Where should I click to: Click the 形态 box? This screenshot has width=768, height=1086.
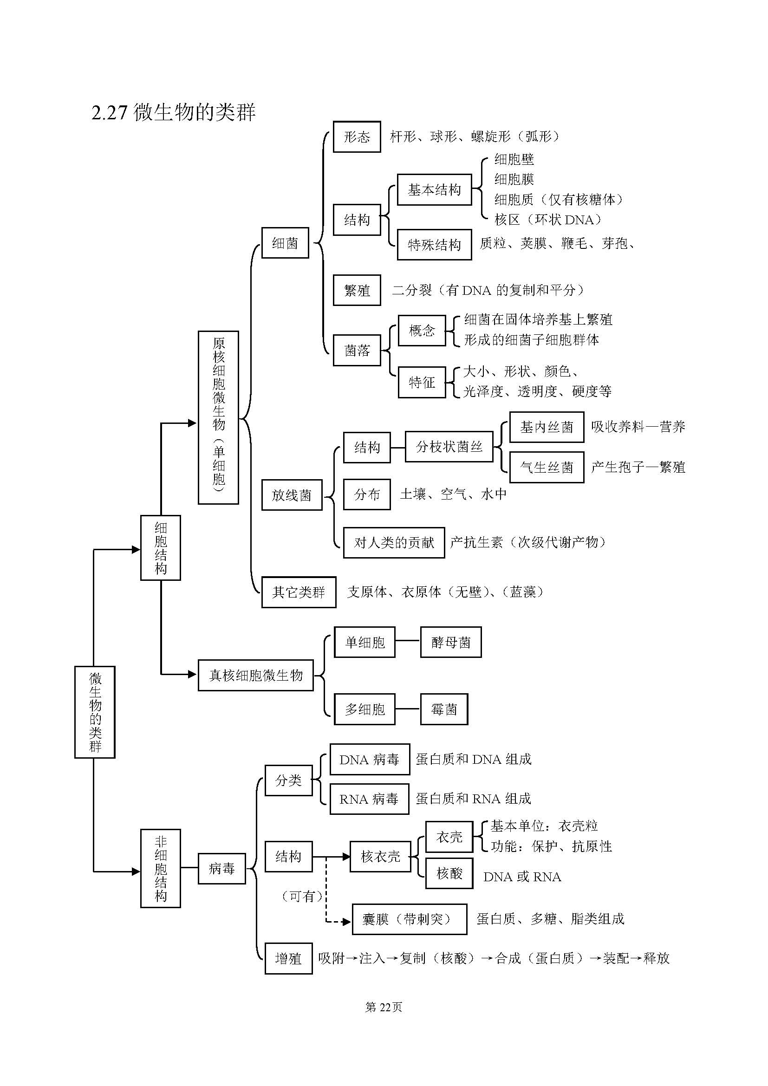(x=357, y=137)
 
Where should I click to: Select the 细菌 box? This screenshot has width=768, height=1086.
(x=285, y=243)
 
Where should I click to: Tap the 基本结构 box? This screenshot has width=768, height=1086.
(x=434, y=190)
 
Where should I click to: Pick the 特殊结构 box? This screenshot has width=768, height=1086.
(x=434, y=245)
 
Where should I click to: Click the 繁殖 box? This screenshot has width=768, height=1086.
(x=357, y=290)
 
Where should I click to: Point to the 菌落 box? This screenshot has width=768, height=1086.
(x=357, y=350)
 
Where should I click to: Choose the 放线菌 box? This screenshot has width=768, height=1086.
(x=291, y=495)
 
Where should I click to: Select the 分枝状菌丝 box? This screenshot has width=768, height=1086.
(x=449, y=447)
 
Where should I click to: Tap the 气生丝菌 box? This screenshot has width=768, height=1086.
(x=546, y=468)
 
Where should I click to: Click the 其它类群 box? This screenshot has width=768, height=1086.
(x=299, y=592)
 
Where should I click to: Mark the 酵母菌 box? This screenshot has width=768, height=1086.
(x=451, y=642)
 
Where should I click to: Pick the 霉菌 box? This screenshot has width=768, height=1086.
(x=443, y=709)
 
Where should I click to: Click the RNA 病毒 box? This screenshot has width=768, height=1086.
(x=369, y=799)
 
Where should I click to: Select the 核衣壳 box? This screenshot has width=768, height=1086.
(x=380, y=856)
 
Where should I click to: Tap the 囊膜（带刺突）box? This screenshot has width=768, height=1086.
(x=409, y=919)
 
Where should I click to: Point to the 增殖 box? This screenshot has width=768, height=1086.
(x=288, y=958)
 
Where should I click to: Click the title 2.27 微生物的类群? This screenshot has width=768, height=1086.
(x=173, y=112)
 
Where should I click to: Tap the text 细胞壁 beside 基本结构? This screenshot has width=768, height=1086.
(x=514, y=159)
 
